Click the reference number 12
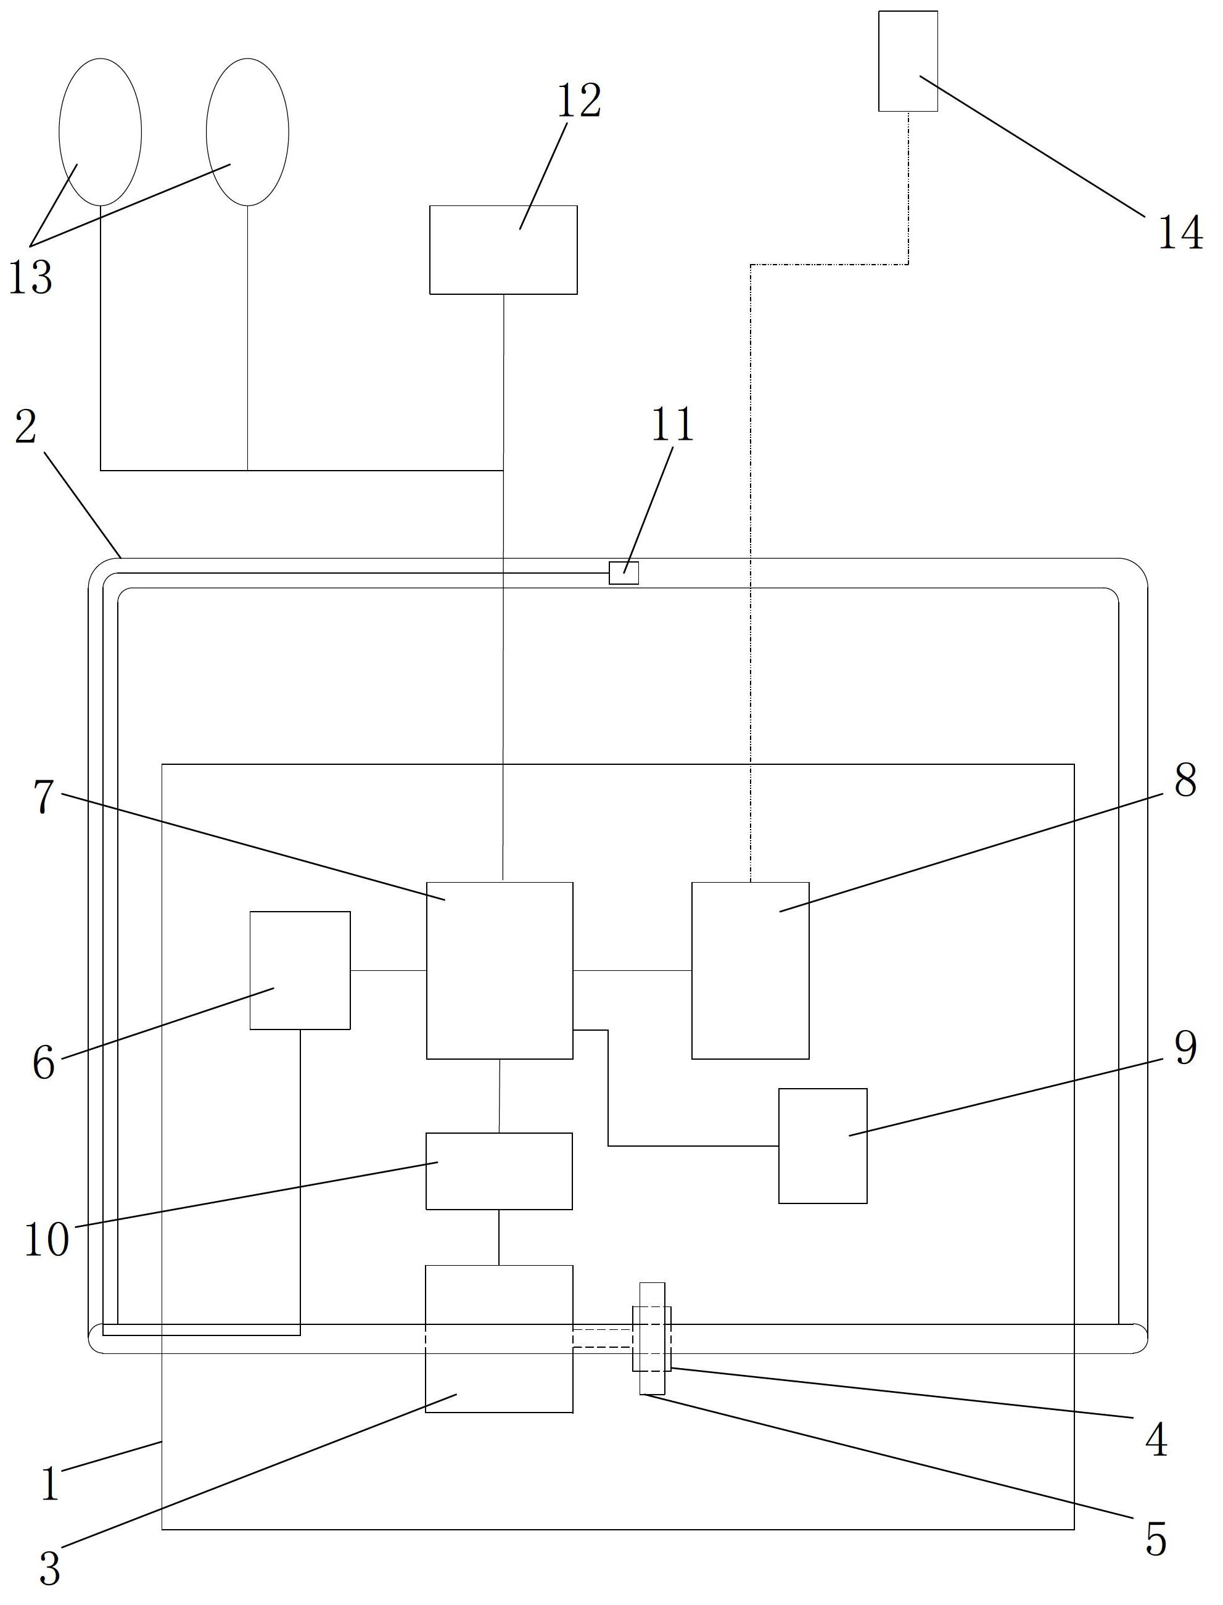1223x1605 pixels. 580,101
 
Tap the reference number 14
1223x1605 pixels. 1180,234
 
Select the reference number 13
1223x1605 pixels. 31,278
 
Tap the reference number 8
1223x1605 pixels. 1186,781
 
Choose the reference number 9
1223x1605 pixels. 1186,1049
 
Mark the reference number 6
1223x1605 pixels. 44,1063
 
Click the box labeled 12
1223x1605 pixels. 503,250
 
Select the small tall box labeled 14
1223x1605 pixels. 908,61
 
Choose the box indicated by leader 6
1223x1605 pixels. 300,970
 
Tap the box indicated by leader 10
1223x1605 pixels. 499,1171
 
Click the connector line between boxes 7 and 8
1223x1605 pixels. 632,970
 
